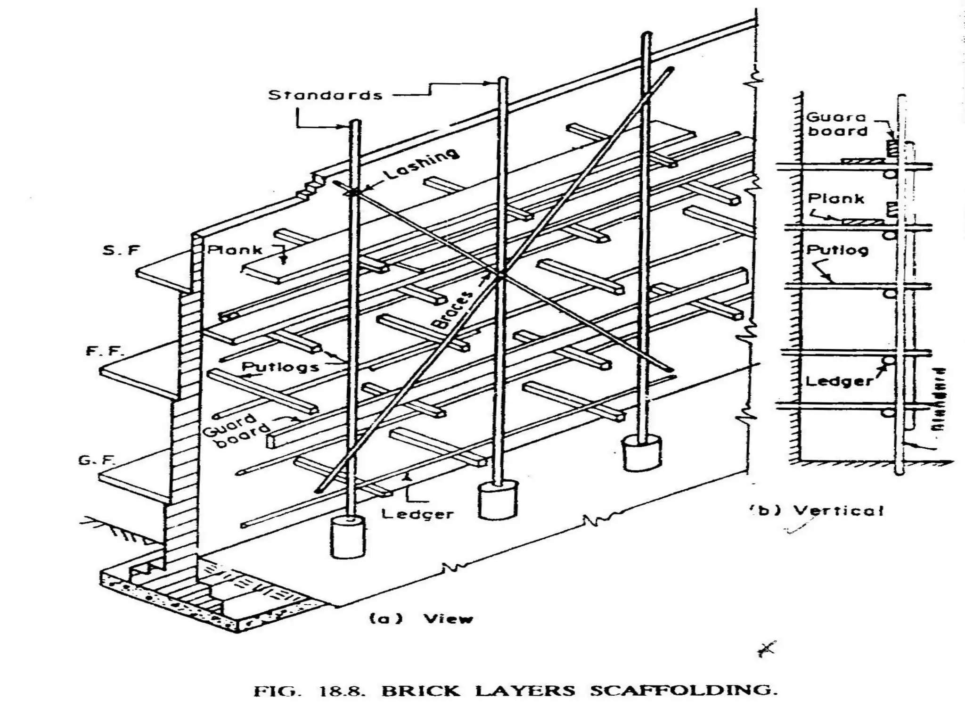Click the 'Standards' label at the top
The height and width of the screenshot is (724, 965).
tap(325, 95)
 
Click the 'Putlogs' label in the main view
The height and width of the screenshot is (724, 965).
tap(281, 367)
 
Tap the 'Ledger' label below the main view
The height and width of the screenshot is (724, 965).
tap(417, 514)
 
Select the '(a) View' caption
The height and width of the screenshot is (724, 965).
tap(421, 618)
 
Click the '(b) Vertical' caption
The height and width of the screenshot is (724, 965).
tap(817, 510)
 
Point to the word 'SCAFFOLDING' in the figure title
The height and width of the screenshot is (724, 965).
tap(683, 691)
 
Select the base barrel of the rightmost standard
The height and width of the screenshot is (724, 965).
tap(641, 453)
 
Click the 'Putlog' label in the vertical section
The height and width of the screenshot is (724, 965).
tap(837, 250)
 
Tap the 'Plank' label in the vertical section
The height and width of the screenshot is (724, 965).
tap(836, 198)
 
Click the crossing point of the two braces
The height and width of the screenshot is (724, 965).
tap(500, 275)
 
